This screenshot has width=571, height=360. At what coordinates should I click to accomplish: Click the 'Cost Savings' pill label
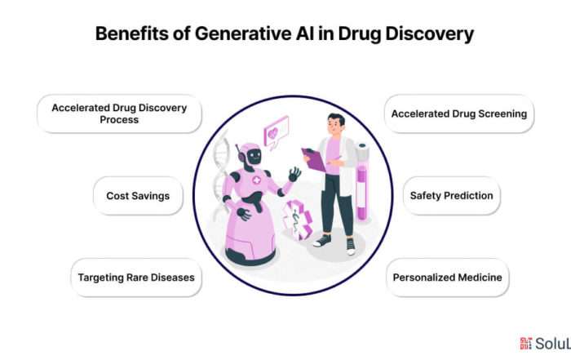(138, 196)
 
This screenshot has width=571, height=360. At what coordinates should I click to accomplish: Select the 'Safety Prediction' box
(452, 196)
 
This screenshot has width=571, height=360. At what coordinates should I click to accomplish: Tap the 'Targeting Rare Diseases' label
(136, 278)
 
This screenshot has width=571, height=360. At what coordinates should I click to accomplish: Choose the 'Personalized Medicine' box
(448, 278)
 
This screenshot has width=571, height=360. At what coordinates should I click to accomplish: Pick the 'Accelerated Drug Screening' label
(459, 114)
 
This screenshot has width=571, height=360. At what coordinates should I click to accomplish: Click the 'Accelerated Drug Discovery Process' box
(119, 114)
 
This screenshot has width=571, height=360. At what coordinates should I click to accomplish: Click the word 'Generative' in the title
(243, 33)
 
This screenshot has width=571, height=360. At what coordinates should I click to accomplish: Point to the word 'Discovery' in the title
(429, 34)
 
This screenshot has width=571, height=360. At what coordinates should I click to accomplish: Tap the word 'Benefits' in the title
(132, 33)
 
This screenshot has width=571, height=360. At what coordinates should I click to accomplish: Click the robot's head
(250, 156)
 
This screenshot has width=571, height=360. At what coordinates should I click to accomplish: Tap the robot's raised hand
(294, 174)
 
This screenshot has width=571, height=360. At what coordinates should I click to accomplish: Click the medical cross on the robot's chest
(257, 180)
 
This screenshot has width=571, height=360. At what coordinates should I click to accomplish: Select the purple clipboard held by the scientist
(313, 160)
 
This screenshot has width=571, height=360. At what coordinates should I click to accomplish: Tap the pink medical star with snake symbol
(298, 220)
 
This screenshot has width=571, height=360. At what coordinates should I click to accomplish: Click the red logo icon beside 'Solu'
(525, 343)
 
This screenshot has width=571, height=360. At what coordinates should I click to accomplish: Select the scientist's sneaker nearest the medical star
(323, 241)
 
